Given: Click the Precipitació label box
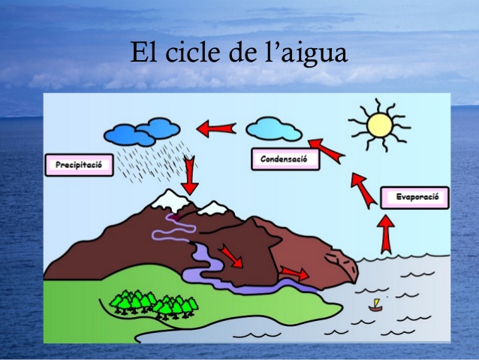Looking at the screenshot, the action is (x=80, y=165).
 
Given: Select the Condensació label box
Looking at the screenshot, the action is (x=285, y=159).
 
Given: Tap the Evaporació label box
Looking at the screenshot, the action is (x=415, y=198).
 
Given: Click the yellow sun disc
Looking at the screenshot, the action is (x=380, y=126).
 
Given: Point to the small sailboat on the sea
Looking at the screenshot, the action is (x=375, y=305).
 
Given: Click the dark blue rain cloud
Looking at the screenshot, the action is (x=142, y=132).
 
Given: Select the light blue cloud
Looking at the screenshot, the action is (x=274, y=129).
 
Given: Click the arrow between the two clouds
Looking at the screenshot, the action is (x=216, y=129).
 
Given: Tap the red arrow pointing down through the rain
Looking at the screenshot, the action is (x=190, y=175).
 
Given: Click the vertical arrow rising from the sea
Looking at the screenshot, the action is (x=385, y=234).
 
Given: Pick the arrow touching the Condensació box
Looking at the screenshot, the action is (x=327, y=151).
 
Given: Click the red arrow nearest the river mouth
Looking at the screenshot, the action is (x=294, y=273).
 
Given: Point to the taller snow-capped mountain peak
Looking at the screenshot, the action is (x=170, y=201).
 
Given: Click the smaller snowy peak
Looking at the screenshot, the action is (x=213, y=208).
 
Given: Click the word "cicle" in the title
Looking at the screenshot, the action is (x=192, y=52).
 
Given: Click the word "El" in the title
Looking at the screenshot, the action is (x=143, y=52).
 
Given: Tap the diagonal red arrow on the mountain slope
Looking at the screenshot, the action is (x=232, y=256).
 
